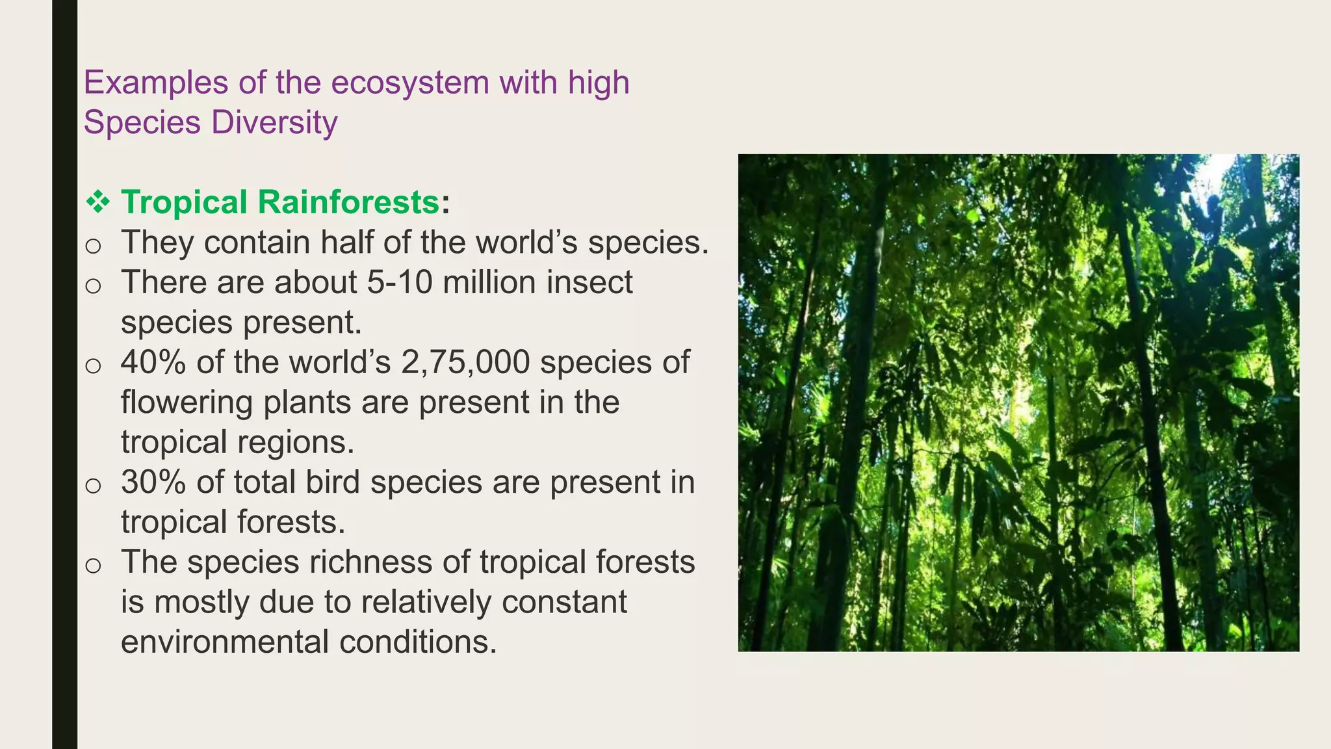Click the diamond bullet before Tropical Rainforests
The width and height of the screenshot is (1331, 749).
pyautogui.click(x=98, y=202)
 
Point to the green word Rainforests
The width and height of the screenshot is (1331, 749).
pyautogui.click(x=349, y=202)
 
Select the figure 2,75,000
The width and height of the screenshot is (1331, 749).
pyautogui.click(x=465, y=362)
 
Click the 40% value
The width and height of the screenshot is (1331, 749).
pyautogui.click(x=154, y=362)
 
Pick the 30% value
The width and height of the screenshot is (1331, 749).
pyautogui.click(x=154, y=482)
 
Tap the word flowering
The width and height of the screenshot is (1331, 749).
pyautogui.click(x=187, y=402)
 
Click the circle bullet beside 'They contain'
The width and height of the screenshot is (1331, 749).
pyautogui.click(x=93, y=246)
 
